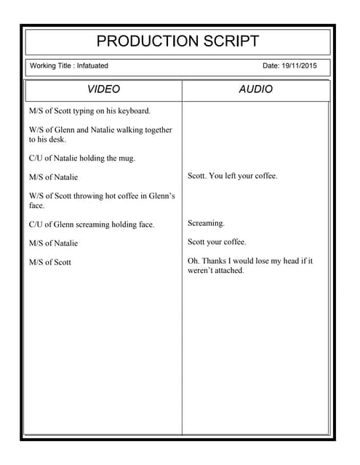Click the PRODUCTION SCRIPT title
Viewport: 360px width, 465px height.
[177, 41]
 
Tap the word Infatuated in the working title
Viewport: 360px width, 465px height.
[92, 66]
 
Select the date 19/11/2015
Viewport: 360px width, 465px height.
[301, 66]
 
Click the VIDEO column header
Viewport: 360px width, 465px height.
[103, 89]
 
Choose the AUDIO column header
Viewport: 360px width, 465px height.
[255, 89]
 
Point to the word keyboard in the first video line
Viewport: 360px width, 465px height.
[133, 111]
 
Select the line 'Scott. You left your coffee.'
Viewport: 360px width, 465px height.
[232, 176]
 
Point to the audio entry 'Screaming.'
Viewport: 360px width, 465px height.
[206, 223]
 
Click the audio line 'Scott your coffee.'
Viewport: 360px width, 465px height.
[217, 242]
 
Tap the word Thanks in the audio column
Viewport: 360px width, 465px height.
[215, 261]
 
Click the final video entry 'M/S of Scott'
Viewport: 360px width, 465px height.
[50, 262]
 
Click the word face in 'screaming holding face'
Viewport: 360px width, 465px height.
[145, 225]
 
